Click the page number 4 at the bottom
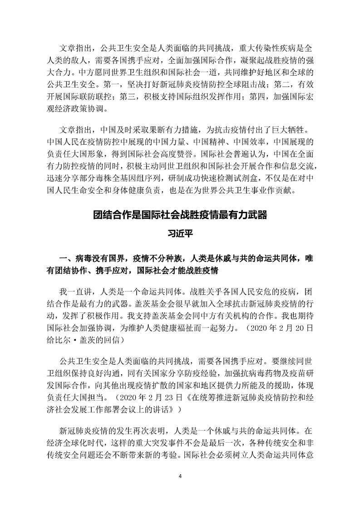tap(180, 476)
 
